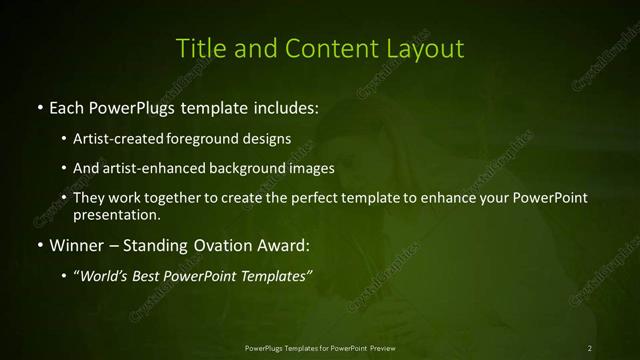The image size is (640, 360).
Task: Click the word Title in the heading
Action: [x=197, y=48]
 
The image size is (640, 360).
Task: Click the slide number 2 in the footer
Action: [x=590, y=347]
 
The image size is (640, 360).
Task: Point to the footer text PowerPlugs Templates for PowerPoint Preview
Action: [x=319, y=347]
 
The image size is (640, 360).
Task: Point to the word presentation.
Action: [x=116, y=214]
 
